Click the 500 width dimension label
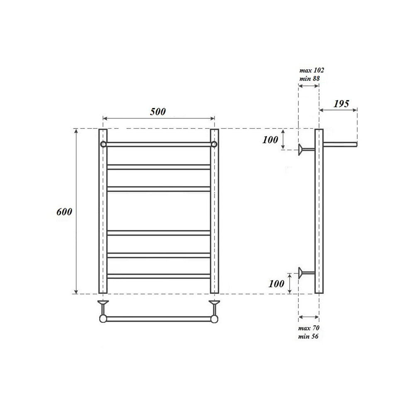click(x=158, y=111)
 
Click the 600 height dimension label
click(x=64, y=212)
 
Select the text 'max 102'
click(x=308, y=71)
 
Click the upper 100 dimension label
click(x=270, y=140)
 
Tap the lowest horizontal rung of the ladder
click(x=159, y=276)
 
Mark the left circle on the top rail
click(x=103, y=144)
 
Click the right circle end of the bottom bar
click(x=214, y=319)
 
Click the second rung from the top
click(x=159, y=167)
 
